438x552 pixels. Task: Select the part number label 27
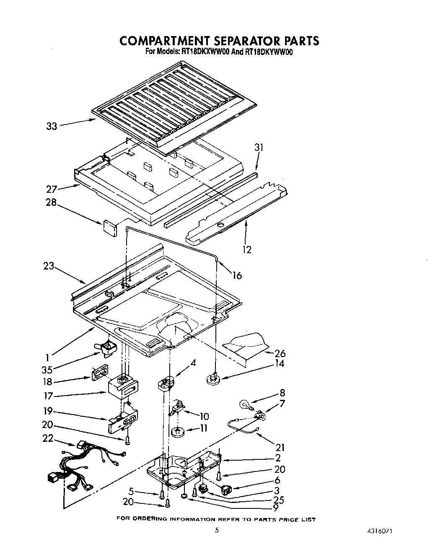(x=51, y=189)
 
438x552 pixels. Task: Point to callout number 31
(x=259, y=148)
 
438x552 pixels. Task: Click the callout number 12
(x=247, y=249)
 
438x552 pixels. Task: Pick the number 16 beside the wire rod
(x=237, y=275)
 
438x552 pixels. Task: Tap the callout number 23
(x=49, y=266)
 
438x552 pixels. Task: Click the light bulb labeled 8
(x=245, y=404)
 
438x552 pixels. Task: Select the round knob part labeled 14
(x=213, y=379)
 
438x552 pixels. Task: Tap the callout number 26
(x=280, y=353)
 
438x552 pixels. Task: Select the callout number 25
(x=278, y=500)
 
